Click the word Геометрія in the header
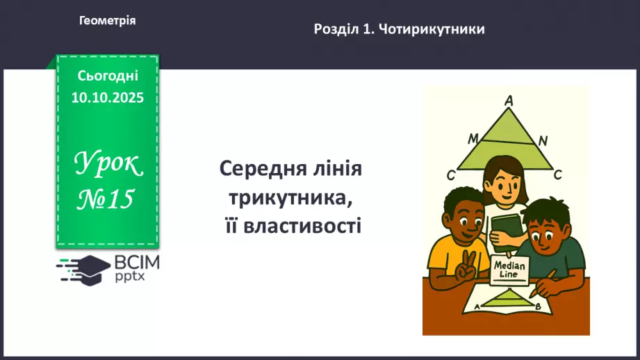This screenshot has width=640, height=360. tap(107, 21)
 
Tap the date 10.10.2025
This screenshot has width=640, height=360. tap(107, 97)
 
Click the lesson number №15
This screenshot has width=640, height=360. tap(105, 199)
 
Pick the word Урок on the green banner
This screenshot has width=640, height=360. tap(108, 164)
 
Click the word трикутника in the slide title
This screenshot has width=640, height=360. tap(290, 197)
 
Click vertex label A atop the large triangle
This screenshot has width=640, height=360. tap(509, 101)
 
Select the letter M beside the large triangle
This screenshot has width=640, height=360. tap(473, 138)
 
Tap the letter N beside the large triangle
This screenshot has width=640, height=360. tap(543, 141)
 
